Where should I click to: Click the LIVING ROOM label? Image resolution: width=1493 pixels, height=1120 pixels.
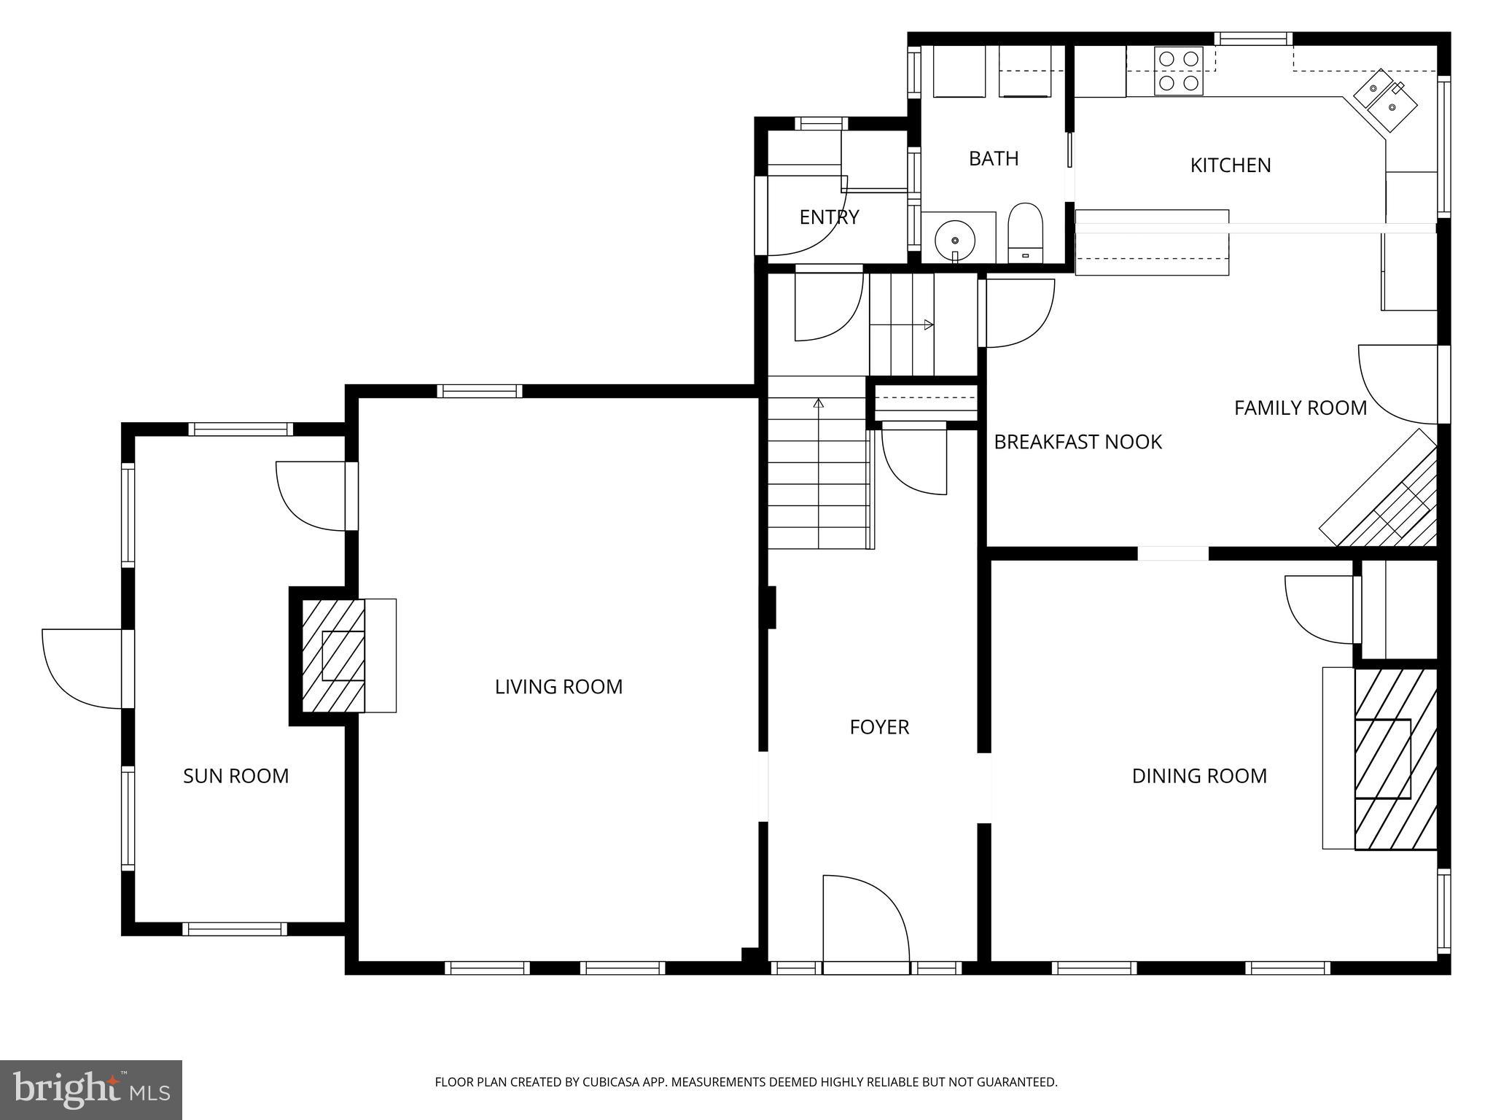558,687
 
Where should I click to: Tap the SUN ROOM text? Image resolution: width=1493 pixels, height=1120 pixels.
235,776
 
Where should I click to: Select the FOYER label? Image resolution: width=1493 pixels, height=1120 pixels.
879,727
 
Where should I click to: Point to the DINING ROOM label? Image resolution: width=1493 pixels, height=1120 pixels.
1199,776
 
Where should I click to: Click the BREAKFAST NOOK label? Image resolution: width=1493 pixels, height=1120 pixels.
1077,442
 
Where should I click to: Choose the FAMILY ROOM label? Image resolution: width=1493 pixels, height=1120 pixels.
1300,408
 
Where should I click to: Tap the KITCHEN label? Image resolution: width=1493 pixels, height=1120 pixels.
1231,166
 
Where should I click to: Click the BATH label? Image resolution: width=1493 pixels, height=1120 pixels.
994,158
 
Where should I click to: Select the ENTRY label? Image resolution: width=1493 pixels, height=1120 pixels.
829,217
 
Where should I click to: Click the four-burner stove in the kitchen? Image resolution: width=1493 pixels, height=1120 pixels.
1179,71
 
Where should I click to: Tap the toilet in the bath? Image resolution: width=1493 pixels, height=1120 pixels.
1026,233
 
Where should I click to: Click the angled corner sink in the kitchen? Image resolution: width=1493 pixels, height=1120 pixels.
1385,100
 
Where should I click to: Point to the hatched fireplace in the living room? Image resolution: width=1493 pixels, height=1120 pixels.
334,656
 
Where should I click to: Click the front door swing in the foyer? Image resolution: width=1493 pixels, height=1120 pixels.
865,922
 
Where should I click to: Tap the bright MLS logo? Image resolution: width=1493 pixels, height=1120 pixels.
91,1090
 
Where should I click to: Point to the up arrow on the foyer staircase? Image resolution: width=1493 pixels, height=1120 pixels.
819,402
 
